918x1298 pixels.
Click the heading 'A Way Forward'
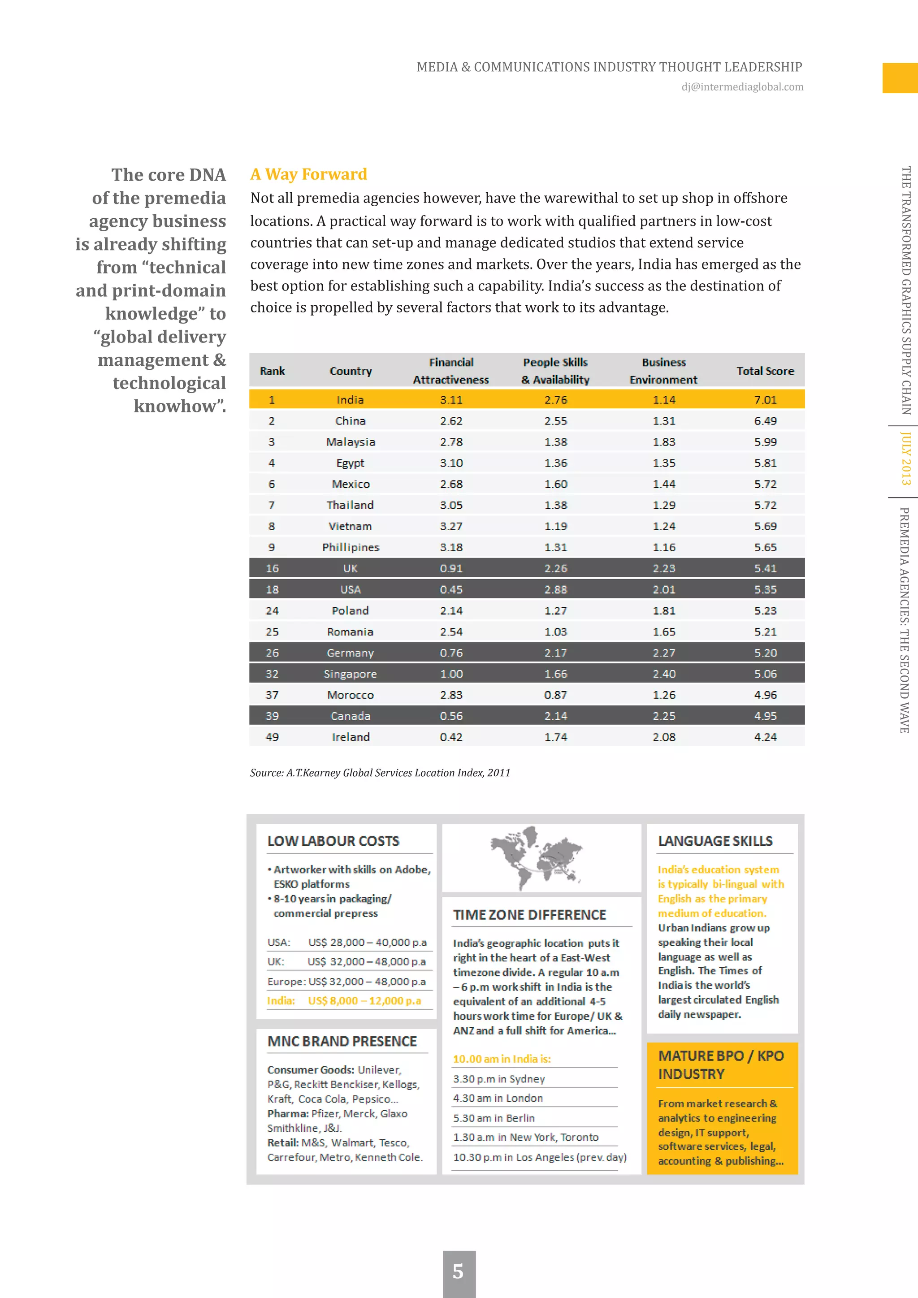coord(309,174)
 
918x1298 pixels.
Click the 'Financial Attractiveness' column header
coord(450,371)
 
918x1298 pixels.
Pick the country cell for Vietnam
coord(350,526)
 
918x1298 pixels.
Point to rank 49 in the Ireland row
coord(272,737)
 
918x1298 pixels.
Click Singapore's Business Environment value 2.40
coord(664,674)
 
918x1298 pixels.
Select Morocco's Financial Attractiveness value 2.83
coord(450,695)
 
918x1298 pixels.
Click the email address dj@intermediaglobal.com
coord(742,87)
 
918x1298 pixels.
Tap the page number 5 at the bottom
coord(459,1272)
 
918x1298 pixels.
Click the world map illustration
coord(536,857)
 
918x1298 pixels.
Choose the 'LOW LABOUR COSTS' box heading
coord(333,841)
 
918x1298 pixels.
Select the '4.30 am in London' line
coord(498,1098)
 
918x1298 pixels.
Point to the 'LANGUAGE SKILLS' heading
coord(714,841)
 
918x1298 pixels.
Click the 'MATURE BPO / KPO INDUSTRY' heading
coord(720,1064)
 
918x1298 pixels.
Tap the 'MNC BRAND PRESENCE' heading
coord(342,1041)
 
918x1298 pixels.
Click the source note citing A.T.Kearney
coord(380,773)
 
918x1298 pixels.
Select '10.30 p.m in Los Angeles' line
coord(539,1157)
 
